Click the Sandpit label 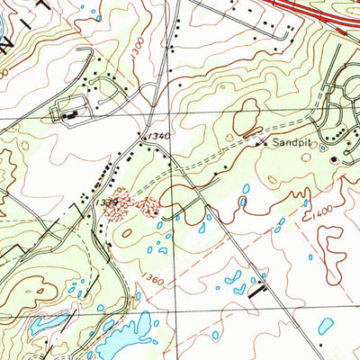pos(290,141)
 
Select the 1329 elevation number pos(107,204)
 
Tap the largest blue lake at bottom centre pos(126,337)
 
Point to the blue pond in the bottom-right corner pos(326,325)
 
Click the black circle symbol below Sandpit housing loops pos(334,160)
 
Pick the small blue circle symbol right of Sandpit pos(323,148)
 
